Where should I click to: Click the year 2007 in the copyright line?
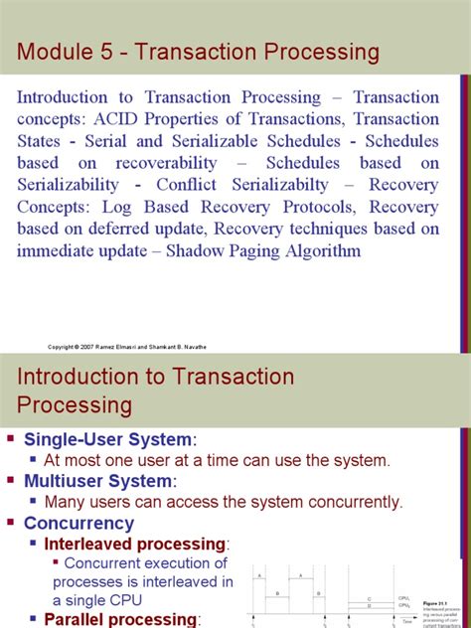click(x=90, y=346)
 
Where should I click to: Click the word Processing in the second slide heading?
click(x=75, y=404)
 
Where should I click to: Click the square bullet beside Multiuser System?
click(x=12, y=481)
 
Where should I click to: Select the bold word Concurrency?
click(x=78, y=523)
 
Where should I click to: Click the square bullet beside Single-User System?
click(x=12, y=439)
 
